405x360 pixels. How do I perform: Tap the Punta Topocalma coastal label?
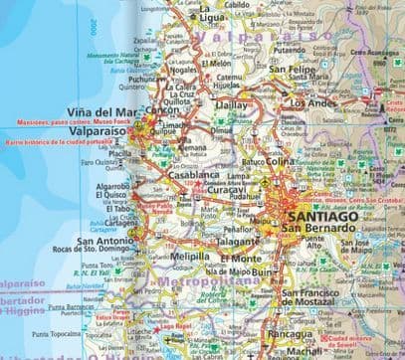click(x=72, y=334)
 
